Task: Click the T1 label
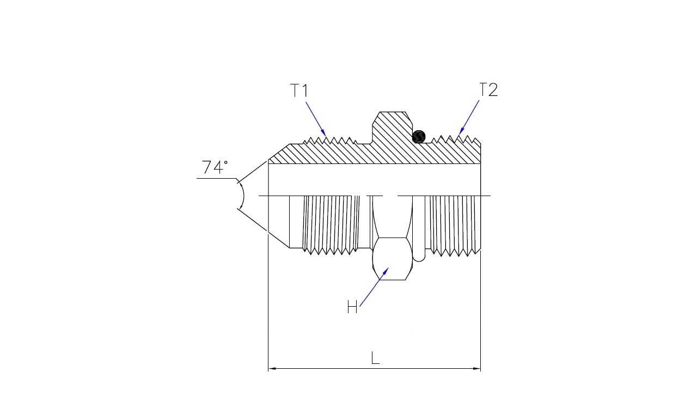[x=299, y=90]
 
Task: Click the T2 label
[x=488, y=90]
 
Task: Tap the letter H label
[x=352, y=307]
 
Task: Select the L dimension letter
[x=375, y=358]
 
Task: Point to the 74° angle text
[x=215, y=167]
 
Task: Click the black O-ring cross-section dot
[x=419, y=137]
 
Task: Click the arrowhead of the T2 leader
[x=462, y=130]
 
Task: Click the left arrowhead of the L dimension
[x=272, y=369]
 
